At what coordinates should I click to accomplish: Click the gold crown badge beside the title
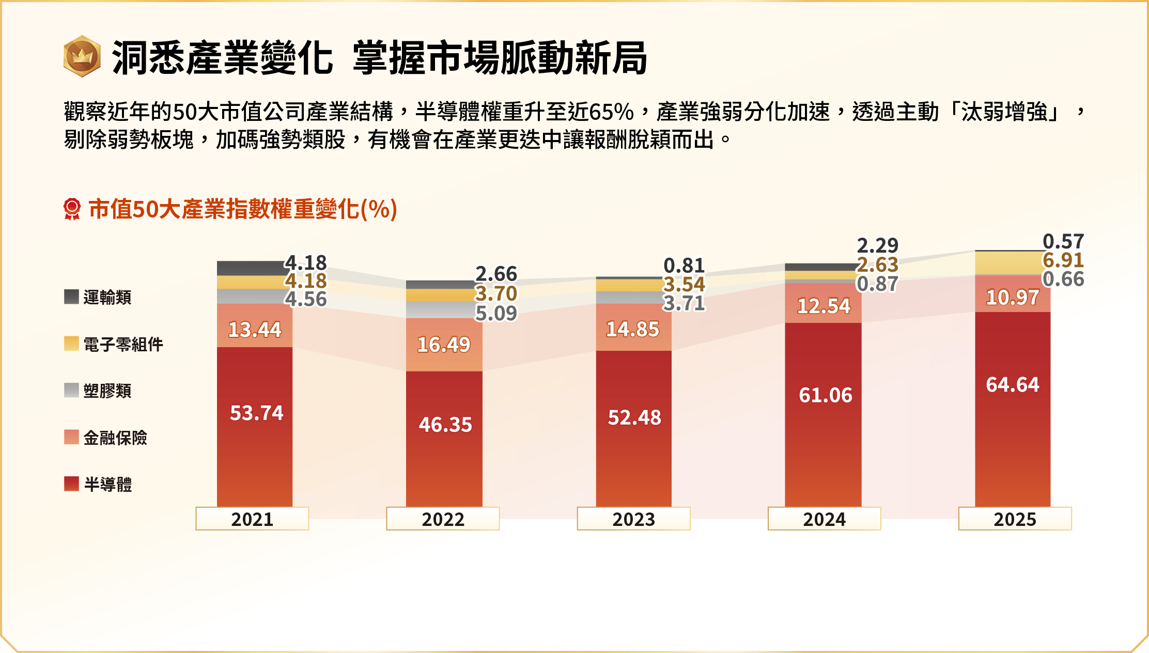pos(82,56)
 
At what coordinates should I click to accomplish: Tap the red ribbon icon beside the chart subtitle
pos(72,209)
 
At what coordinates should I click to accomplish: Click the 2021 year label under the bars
pos(252,519)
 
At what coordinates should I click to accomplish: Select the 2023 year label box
pos(633,519)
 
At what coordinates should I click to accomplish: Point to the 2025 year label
pos(1015,519)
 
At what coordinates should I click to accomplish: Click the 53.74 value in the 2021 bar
pos(256,413)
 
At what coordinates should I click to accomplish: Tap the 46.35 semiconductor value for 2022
pos(445,424)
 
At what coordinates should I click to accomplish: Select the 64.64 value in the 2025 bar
pos(1012,384)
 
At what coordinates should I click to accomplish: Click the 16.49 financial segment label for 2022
pos(443,345)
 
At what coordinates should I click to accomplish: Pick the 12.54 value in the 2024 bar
pos(824,306)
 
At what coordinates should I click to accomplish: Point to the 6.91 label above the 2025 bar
pos(1063,260)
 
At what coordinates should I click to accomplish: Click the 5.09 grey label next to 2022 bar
pos(496,313)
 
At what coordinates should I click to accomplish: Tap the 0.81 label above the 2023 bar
pos(684,266)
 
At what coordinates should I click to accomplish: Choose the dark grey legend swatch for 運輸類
pos(71,297)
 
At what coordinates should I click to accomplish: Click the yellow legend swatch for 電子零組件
pos(71,344)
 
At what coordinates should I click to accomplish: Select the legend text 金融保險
pos(115,438)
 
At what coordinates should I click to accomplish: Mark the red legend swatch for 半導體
pos(71,484)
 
